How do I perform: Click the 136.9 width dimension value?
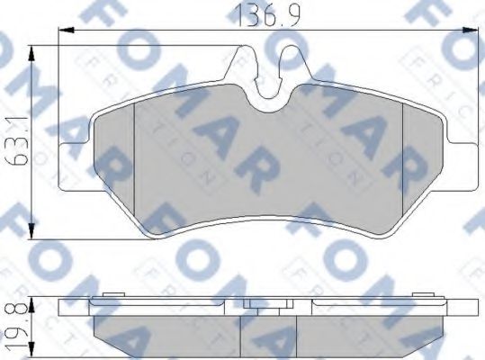(267, 14)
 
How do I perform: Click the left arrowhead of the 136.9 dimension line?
(67, 31)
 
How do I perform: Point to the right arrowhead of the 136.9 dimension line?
(470, 31)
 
